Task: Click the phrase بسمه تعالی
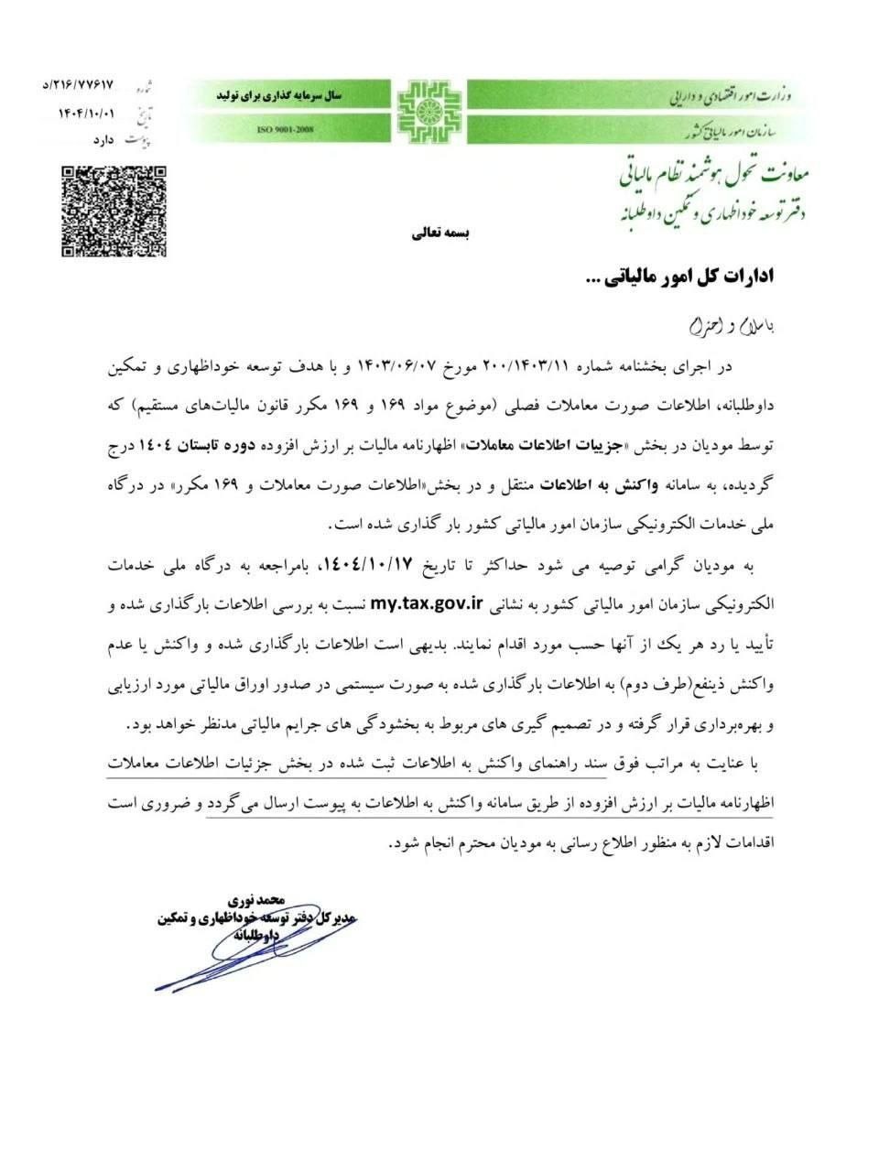[x=439, y=233]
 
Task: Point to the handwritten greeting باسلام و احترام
[x=731, y=326]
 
